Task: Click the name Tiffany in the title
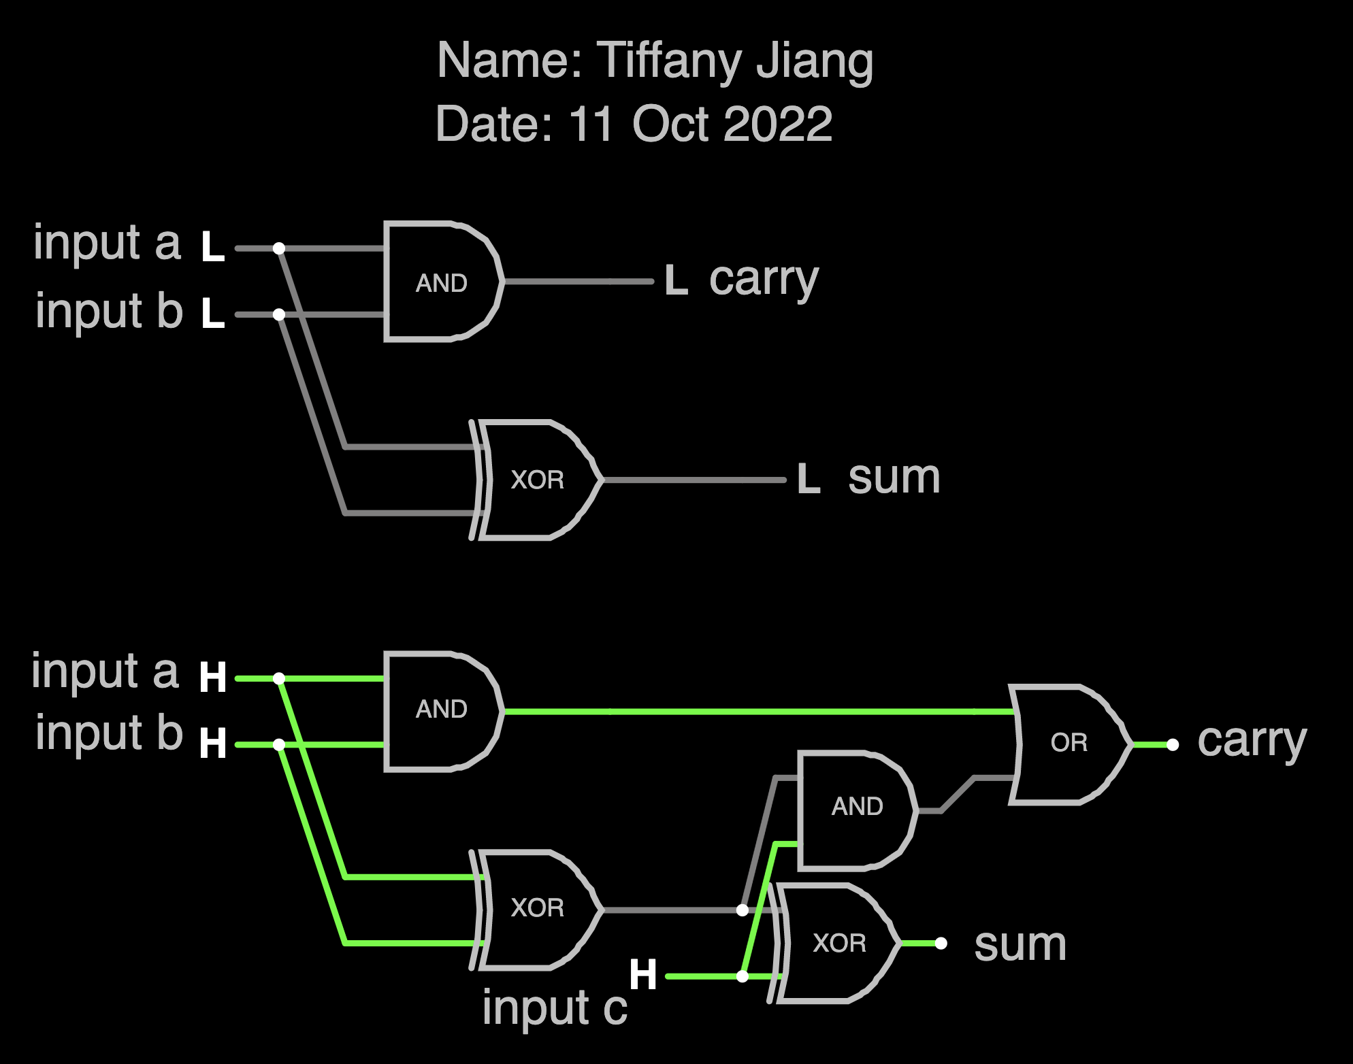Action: (x=667, y=61)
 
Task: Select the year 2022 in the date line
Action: (x=778, y=124)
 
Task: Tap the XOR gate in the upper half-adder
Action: (x=538, y=480)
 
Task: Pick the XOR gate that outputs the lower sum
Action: (x=838, y=943)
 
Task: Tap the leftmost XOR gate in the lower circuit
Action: (x=538, y=908)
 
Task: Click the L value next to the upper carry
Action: (x=676, y=281)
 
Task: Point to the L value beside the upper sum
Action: (x=809, y=479)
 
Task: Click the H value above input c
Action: (x=643, y=974)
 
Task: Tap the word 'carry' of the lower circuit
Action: (x=1252, y=741)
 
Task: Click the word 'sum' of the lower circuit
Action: (x=1020, y=944)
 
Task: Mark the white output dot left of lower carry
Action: (x=1173, y=745)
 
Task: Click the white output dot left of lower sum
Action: (x=941, y=943)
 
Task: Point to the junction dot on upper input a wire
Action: (x=279, y=248)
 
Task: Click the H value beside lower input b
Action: (x=213, y=743)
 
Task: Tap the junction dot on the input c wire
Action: (x=743, y=976)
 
